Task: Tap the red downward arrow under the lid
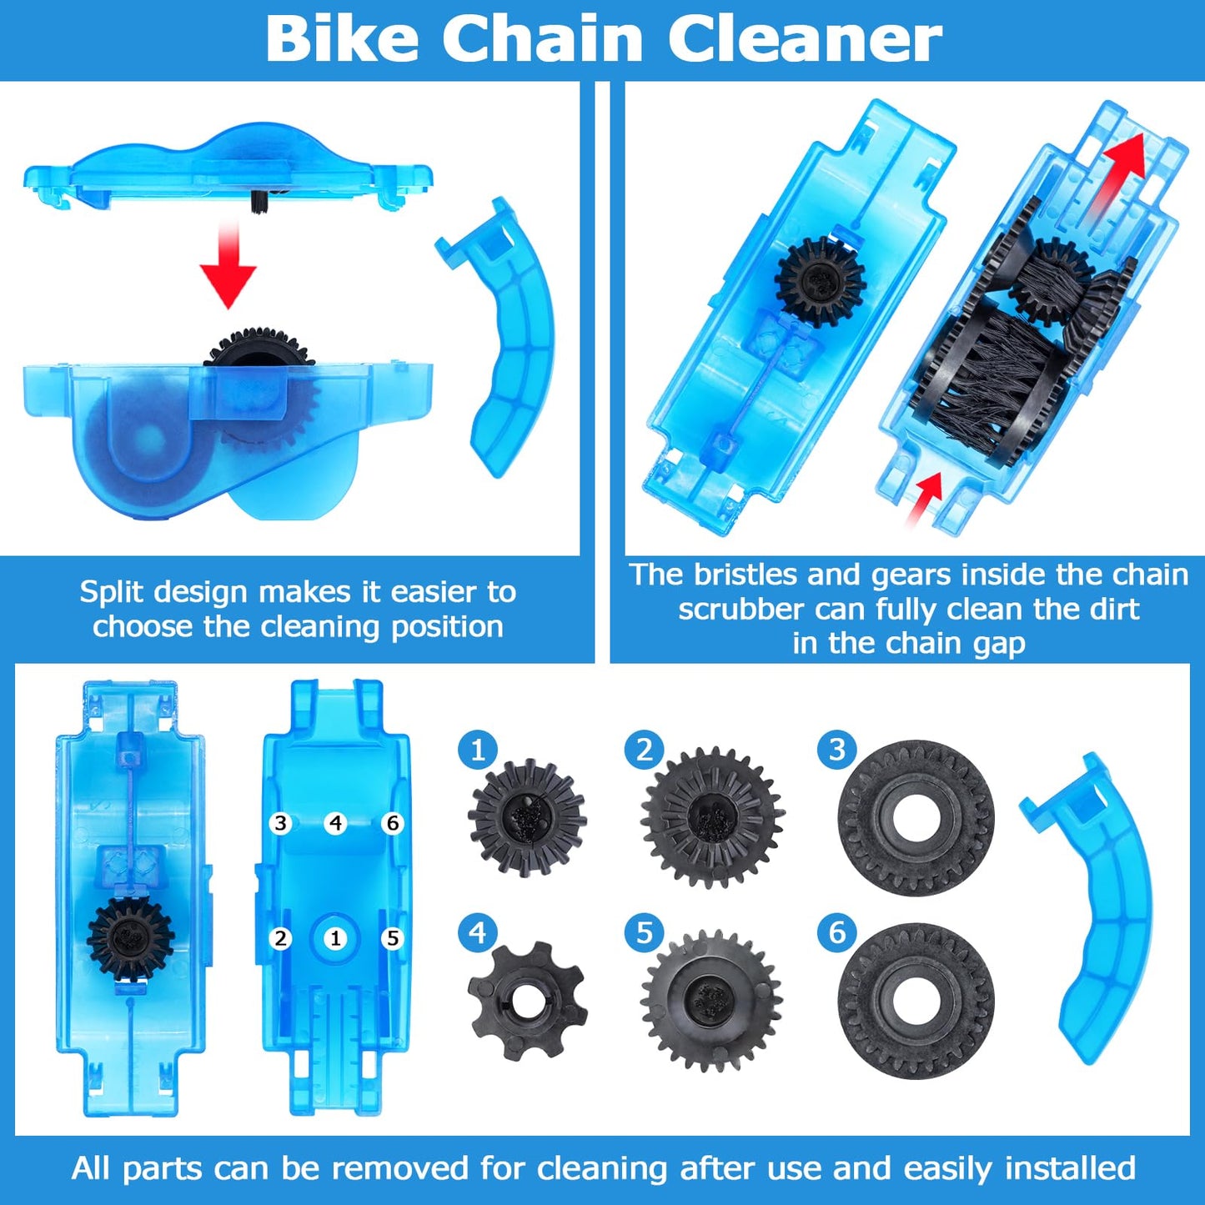click(228, 265)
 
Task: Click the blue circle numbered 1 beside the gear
click(478, 750)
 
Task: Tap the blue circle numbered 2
click(645, 750)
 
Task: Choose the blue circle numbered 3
click(837, 750)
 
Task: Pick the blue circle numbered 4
click(478, 932)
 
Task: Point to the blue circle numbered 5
click(645, 932)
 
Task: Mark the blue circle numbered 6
click(837, 932)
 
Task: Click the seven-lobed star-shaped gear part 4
click(527, 1000)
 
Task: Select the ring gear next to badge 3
click(916, 818)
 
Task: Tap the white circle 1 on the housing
click(335, 939)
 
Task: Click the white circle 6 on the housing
click(393, 824)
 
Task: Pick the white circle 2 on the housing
click(281, 939)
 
